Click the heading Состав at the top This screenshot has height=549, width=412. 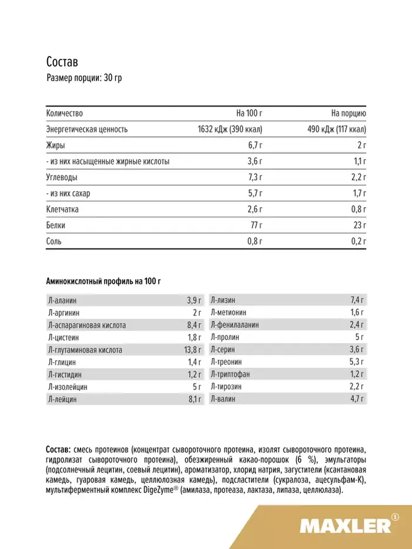62,62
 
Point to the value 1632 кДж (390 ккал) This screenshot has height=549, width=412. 229,129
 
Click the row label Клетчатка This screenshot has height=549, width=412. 62,209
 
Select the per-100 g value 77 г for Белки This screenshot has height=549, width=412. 256,225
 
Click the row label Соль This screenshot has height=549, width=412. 54,241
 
